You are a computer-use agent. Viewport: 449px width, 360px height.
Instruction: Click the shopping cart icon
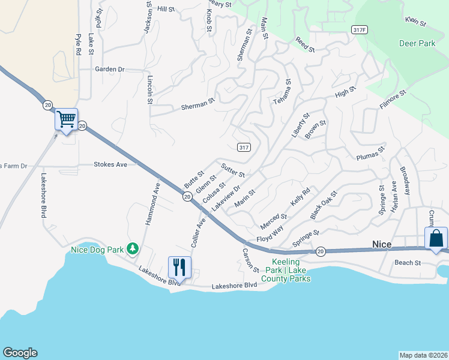pyautogui.click(x=67, y=119)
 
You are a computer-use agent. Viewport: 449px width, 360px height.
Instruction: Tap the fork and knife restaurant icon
pyautogui.click(x=180, y=266)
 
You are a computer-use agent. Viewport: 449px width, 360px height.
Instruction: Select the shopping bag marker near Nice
pyautogui.click(x=436, y=238)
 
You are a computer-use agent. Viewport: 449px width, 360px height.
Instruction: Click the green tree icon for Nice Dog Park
pyautogui.click(x=133, y=249)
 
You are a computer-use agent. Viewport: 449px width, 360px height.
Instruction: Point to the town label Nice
pyautogui.click(x=382, y=244)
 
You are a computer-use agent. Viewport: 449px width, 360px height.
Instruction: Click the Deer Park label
pyautogui.click(x=417, y=43)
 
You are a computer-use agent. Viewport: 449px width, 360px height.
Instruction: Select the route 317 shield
pyautogui.click(x=243, y=147)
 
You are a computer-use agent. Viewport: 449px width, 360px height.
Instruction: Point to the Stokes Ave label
pyautogui.click(x=110, y=164)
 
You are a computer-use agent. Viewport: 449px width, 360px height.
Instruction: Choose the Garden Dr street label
pyautogui.click(x=109, y=70)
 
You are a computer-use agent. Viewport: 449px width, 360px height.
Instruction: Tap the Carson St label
pyautogui.click(x=250, y=260)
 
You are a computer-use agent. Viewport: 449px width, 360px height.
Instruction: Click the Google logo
pyautogui.click(x=20, y=353)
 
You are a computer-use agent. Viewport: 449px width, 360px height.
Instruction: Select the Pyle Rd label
pyautogui.click(x=78, y=45)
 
